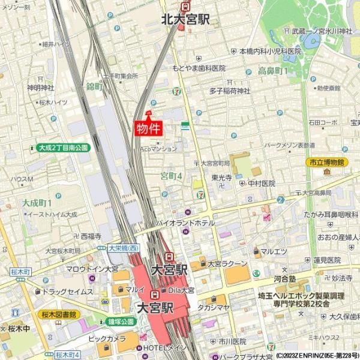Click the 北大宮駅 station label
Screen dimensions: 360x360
point(185,19)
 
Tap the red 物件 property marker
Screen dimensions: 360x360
point(148,128)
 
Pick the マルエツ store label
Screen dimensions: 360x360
point(274,251)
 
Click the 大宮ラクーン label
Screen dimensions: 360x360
point(227,263)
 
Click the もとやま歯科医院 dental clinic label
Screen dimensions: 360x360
point(198,68)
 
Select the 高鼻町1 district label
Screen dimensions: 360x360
point(273,71)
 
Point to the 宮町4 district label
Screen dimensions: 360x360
point(171,176)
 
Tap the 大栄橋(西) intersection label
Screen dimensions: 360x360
point(124,248)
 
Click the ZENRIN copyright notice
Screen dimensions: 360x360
point(313,355)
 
